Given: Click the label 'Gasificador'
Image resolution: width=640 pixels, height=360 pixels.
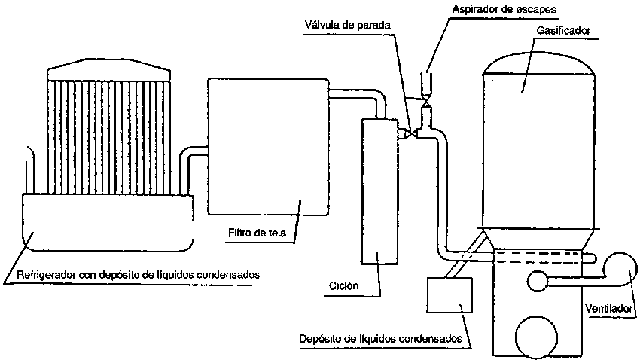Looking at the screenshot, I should coord(564,31).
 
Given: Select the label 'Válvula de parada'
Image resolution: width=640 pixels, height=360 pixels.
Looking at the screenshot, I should coord(346,24).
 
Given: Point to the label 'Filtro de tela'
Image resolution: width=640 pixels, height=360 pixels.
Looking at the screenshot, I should coord(257,231).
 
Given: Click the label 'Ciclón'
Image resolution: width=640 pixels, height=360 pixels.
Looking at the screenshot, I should coord(343,286).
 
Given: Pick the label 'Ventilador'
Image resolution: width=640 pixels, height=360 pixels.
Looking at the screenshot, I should coord(608,308).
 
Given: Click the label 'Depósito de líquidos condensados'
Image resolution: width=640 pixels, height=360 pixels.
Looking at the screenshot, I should coord(379,338).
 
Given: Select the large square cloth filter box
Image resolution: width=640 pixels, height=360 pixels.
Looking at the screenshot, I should coord(267,147).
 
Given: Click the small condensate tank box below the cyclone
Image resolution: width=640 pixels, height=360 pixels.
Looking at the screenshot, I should coord(450,294).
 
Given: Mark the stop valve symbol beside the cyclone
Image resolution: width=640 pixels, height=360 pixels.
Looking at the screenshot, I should coord(407,133).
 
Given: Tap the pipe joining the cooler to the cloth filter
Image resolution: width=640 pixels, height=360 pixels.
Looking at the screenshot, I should coord(194,159).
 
